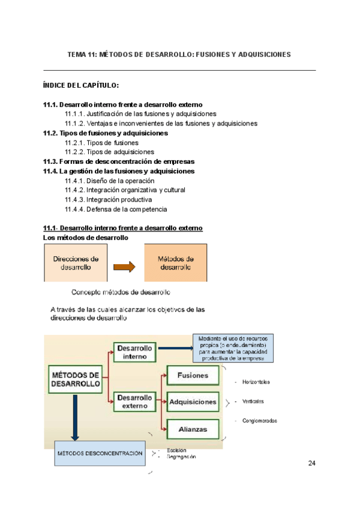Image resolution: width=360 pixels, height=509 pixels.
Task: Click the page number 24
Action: (x=311, y=463)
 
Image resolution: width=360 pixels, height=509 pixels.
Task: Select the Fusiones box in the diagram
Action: (x=193, y=376)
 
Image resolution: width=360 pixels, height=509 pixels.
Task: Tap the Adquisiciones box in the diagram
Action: (x=193, y=402)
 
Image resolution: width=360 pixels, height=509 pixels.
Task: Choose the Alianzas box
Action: (x=193, y=429)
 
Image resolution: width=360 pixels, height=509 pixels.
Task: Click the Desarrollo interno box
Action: (x=135, y=352)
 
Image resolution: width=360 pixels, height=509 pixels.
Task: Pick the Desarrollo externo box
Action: (x=135, y=402)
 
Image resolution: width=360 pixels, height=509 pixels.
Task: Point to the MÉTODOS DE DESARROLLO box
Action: (x=75, y=379)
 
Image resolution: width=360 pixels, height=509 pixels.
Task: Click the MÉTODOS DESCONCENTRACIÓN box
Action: (x=100, y=453)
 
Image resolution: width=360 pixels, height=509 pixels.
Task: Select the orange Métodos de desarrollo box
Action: (x=176, y=263)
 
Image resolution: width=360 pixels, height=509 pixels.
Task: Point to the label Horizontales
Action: (x=256, y=382)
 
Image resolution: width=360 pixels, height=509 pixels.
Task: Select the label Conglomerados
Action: (x=260, y=421)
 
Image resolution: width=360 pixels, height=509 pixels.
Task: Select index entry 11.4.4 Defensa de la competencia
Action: (x=116, y=209)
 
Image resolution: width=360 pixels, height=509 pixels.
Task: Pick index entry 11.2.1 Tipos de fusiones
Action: (x=101, y=143)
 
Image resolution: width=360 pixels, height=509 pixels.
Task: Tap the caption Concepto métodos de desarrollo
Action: (x=121, y=293)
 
